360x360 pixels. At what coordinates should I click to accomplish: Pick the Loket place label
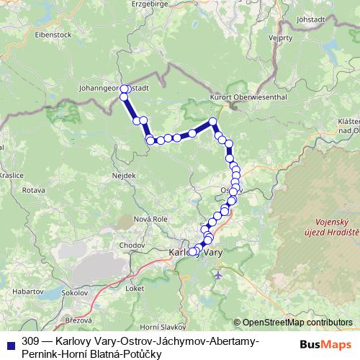tap(135, 287)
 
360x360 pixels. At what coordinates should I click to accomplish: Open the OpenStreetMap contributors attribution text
tap(297, 323)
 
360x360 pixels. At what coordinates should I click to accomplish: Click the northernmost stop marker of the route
tap(124, 89)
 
